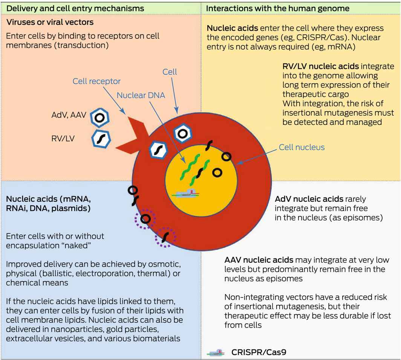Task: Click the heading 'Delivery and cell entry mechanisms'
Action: tap(75, 8)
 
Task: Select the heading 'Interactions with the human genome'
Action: tap(278, 8)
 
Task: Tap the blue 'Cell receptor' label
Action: tap(96, 81)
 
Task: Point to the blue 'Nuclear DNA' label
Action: tap(141, 95)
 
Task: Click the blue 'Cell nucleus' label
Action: tap(302, 147)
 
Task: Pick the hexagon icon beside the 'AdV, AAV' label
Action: tap(100, 118)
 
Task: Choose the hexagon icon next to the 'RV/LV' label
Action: tap(101, 139)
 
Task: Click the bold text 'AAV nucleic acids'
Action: tap(259, 260)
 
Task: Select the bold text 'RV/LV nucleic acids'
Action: tap(321, 67)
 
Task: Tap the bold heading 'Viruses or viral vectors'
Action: tap(50, 23)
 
